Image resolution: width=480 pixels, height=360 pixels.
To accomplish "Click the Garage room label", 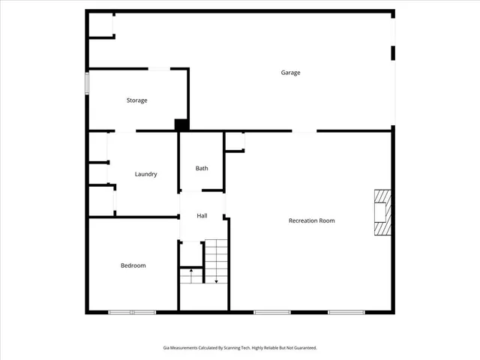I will point(290,73).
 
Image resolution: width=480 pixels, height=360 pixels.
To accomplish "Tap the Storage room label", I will point(136,100).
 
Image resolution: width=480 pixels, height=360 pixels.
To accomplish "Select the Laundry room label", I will point(145,174).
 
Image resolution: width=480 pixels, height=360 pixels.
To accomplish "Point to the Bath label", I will point(202,168).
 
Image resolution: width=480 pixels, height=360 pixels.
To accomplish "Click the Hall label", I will point(202,216).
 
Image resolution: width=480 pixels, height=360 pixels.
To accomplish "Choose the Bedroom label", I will point(133,265).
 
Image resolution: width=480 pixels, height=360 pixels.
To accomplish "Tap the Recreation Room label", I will point(311,220).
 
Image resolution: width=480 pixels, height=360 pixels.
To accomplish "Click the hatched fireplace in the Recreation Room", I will point(382,212).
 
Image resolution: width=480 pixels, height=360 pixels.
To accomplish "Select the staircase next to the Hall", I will point(216,260).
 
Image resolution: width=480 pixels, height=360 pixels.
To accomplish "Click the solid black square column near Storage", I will point(181,125).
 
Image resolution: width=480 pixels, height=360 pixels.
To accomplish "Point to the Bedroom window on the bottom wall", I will point(132,311).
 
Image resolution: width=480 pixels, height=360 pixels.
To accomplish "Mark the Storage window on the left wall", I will point(87,82).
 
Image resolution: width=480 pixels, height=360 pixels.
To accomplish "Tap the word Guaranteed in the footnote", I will point(304,348).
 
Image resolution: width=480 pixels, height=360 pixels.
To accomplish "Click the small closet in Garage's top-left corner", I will point(100,25).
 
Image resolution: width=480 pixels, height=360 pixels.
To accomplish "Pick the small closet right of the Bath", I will point(235,142).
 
